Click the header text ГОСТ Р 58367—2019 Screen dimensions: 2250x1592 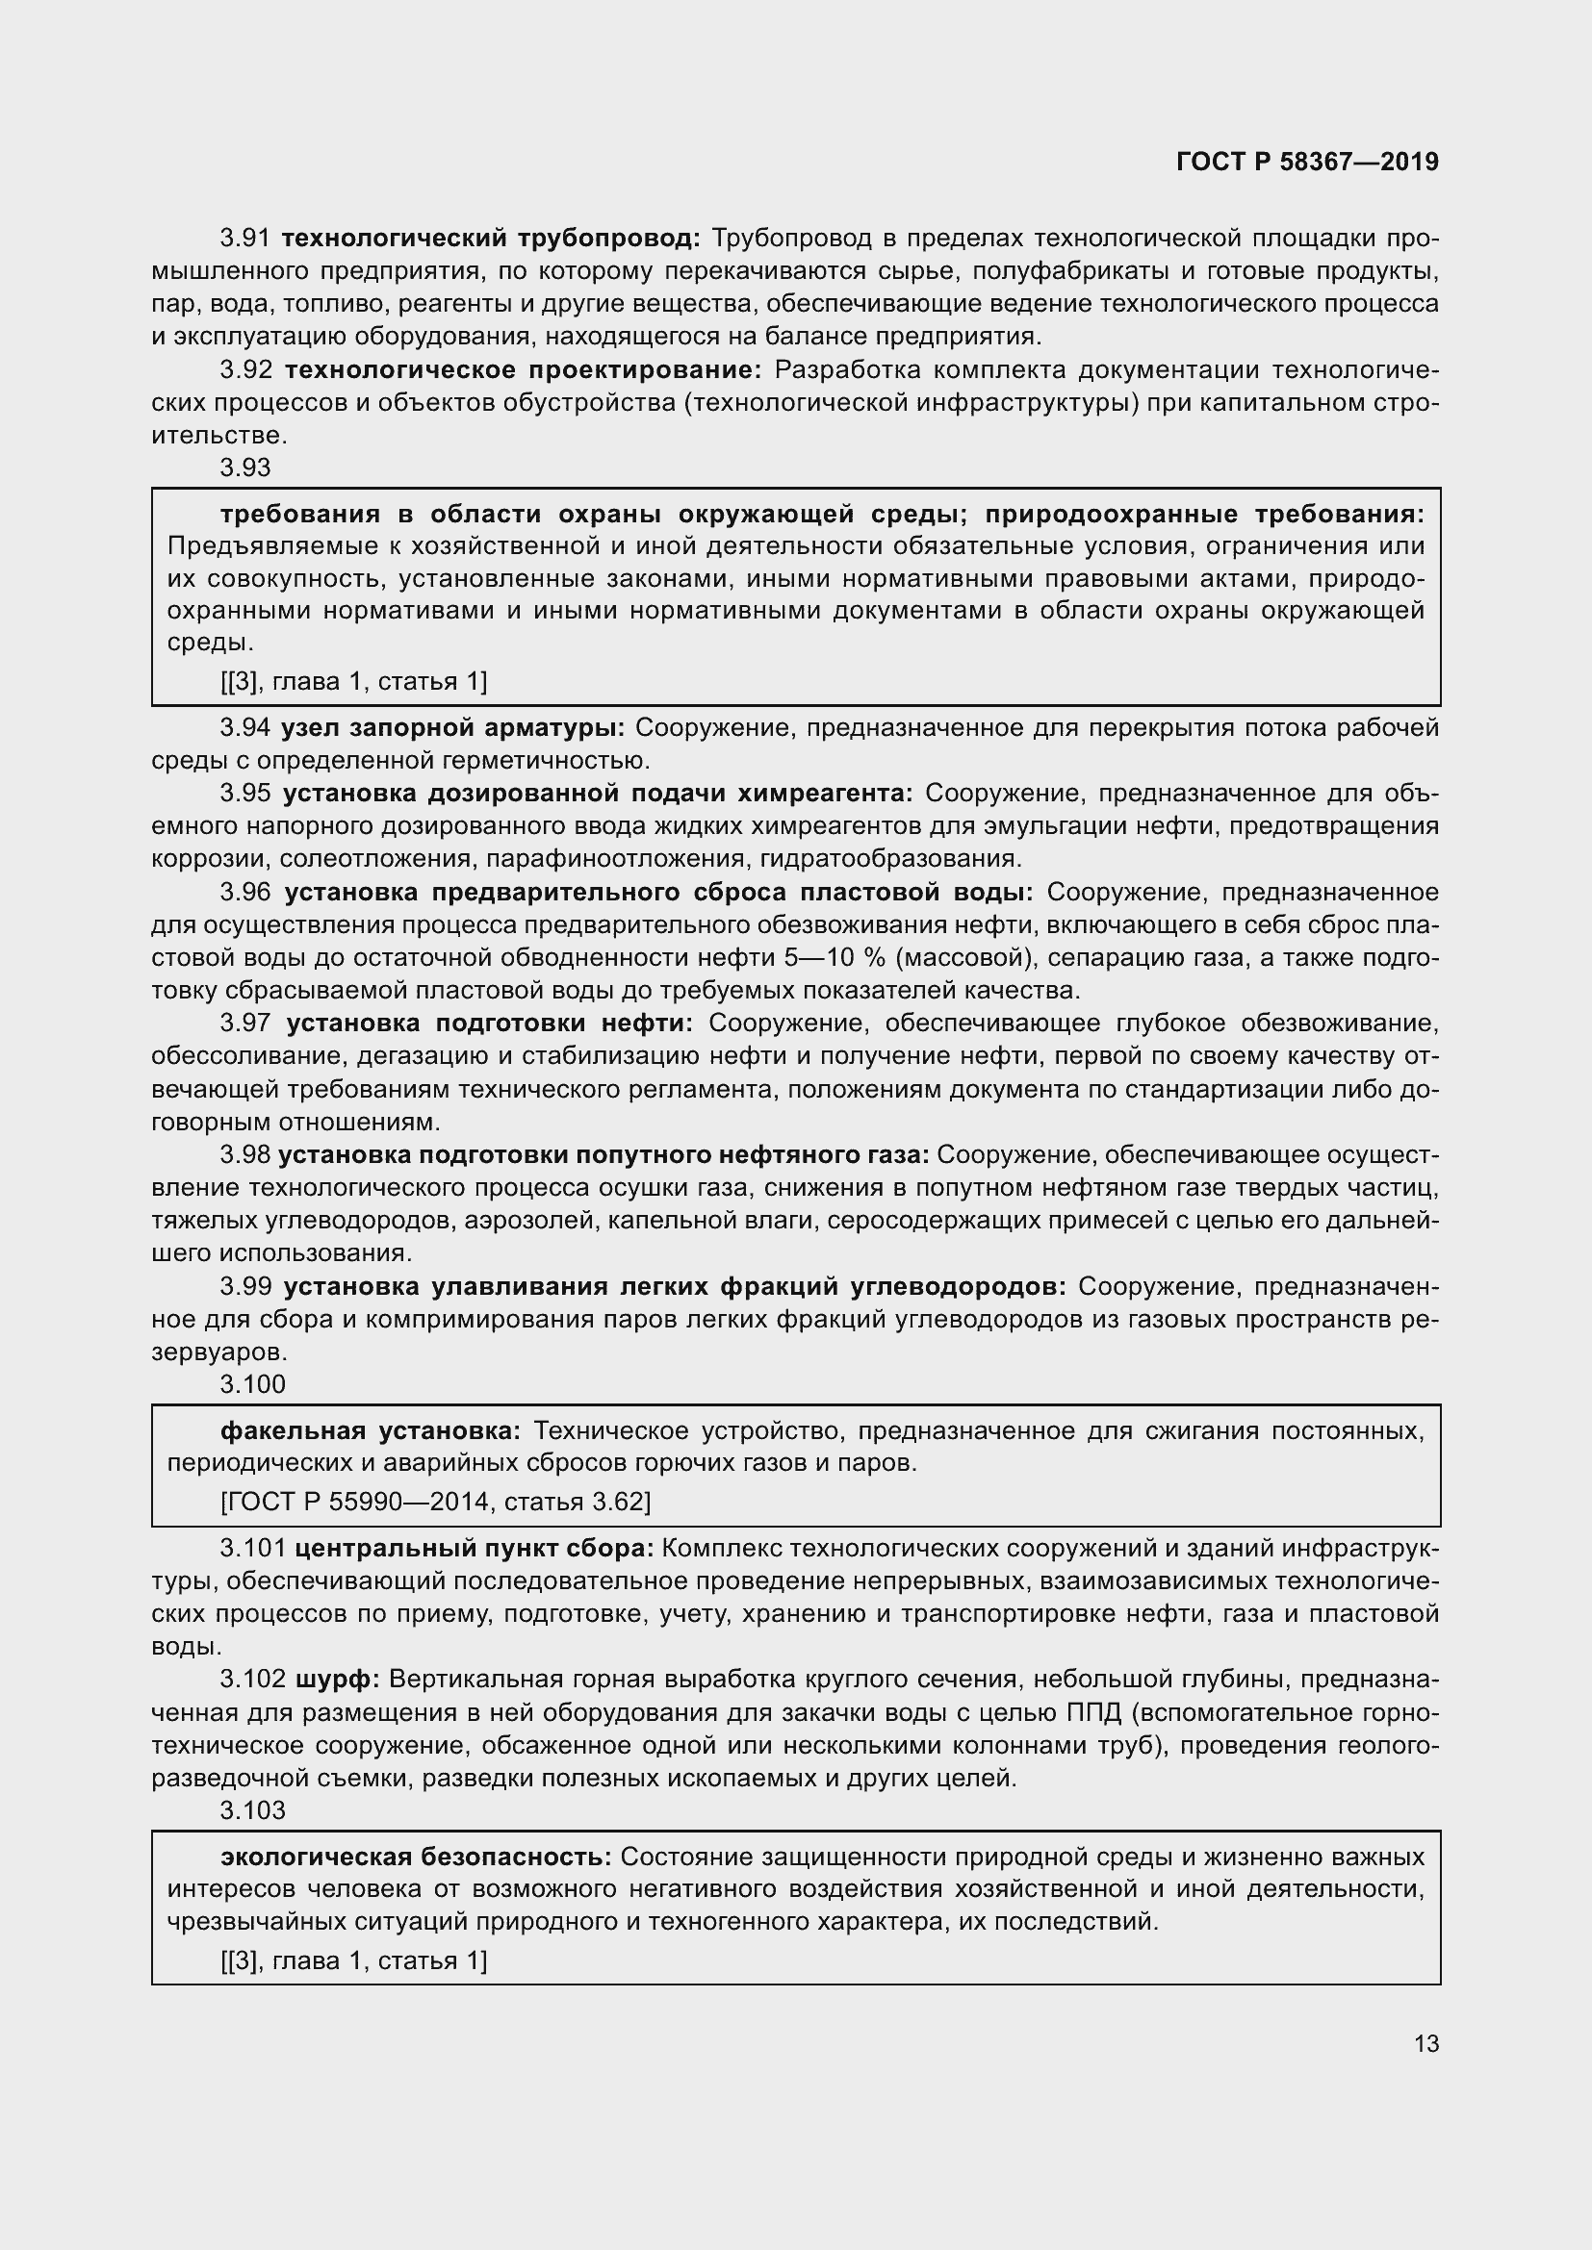(x=1307, y=162)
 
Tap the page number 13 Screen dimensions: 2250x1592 (x=1426, y=2043)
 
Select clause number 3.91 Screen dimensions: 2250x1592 (x=245, y=239)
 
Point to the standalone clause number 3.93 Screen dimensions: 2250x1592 (x=245, y=468)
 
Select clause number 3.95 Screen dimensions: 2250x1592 (x=245, y=793)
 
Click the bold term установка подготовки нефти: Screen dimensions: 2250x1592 (x=489, y=1024)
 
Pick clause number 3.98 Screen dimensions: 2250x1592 (x=245, y=1154)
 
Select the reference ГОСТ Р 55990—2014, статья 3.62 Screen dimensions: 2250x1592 (x=436, y=1502)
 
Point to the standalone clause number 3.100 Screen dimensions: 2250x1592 (x=253, y=1383)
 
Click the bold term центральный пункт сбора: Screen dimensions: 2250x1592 (x=474, y=1549)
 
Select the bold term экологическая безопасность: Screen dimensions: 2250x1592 (x=416, y=1857)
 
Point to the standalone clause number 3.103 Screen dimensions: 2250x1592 (x=253, y=1810)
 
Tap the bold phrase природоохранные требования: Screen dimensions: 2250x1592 (x=1204, y=515)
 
